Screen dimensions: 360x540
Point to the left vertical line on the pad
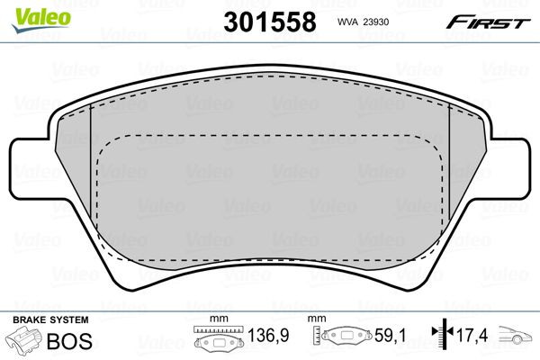[x=93, y=180]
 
